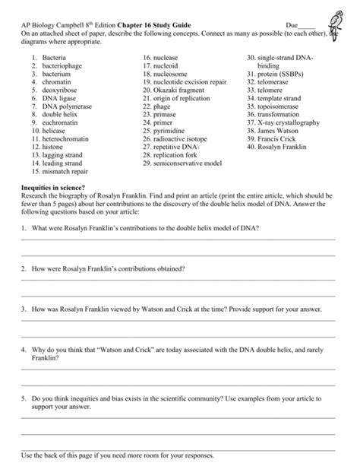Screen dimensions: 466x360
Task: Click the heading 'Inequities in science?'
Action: [53, 186]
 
